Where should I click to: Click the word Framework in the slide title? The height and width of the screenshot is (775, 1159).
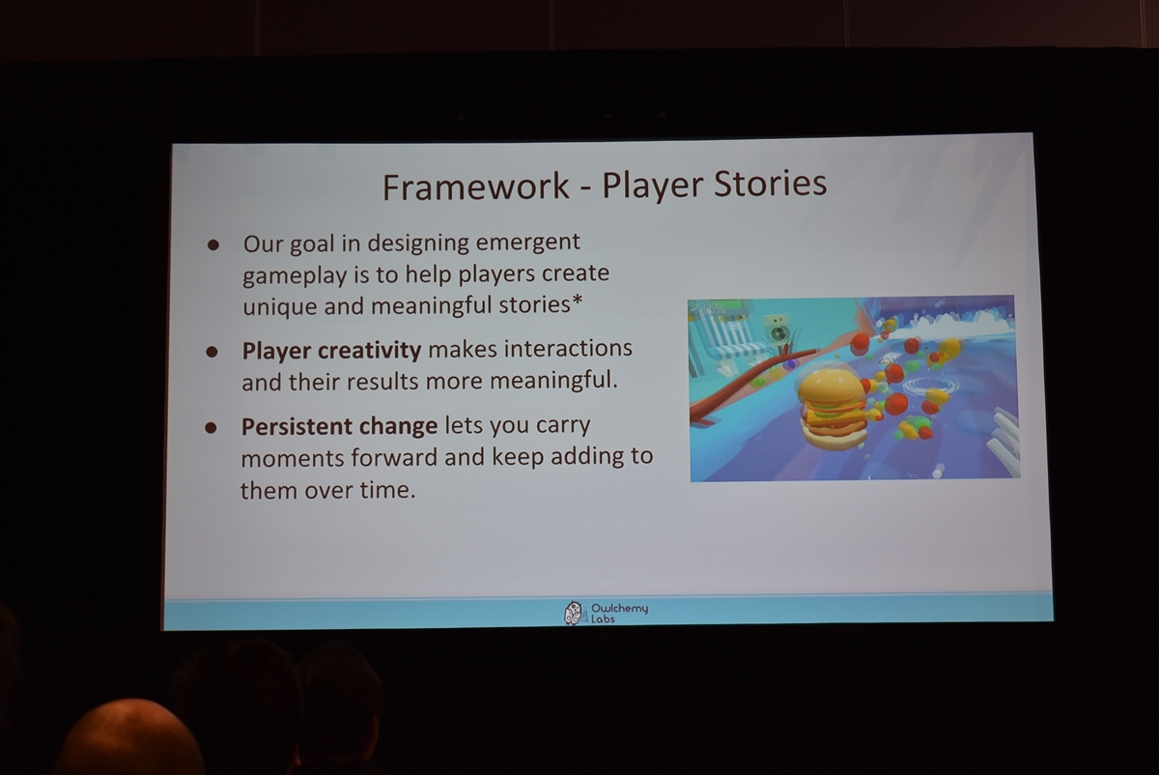475,187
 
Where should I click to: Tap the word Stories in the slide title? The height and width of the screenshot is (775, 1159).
770,184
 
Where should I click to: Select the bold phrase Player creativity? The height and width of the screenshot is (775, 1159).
331,351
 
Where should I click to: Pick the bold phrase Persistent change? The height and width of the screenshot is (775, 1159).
339,426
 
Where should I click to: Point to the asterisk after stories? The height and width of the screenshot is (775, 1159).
577,300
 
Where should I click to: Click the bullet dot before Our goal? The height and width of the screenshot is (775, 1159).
213,244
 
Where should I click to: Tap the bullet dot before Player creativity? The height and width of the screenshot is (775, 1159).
212,352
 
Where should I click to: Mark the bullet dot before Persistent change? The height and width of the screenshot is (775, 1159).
211,428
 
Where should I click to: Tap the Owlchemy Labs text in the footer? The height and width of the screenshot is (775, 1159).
619,613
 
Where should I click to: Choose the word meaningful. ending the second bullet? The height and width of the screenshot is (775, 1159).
553,381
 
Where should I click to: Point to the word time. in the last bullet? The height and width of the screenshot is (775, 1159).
388,490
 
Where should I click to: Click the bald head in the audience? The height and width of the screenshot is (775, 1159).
129,737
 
